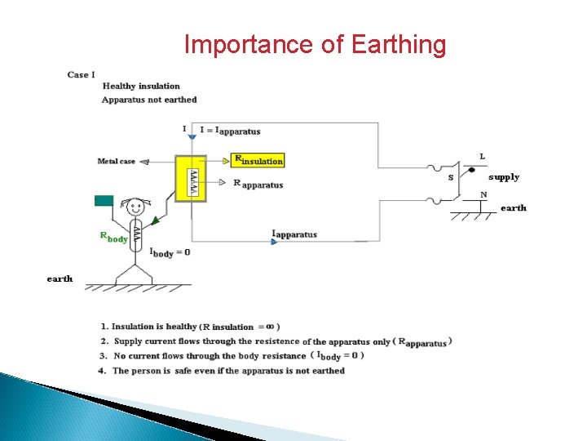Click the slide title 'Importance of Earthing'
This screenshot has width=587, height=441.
click(315, 44)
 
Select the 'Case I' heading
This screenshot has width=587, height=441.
click(81, 74)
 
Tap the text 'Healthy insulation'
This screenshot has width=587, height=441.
click(141, 86)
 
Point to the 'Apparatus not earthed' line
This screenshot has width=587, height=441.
click(149, 100)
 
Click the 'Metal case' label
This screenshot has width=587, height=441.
click(117, 161)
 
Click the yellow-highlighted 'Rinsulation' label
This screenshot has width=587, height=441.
click(258, 161)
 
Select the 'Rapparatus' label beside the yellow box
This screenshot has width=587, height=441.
click(258, 184)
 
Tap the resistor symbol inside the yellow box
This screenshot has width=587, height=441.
click(192, 182)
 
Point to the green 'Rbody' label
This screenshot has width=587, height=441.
click(113, 238)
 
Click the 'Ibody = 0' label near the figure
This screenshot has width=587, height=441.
click(170, 252)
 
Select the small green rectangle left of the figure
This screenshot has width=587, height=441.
click(104, 200)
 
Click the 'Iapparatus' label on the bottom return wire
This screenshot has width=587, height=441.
click(294, 234)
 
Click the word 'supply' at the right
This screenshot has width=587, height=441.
click(504, 176)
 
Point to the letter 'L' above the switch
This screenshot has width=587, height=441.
click(483, 156)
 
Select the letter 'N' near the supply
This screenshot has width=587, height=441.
click(483, 194)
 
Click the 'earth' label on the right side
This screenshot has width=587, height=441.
click(513, 207)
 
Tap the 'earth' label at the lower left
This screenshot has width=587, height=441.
click(60, 278)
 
